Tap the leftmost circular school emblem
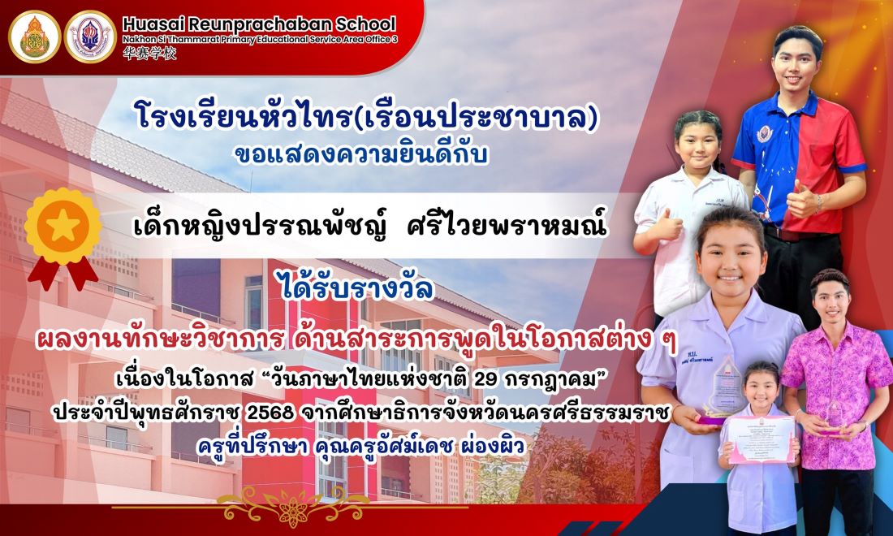(34, 37)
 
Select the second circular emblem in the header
(90, 37)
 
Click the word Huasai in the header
(152, 24)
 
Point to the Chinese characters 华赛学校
(150, 54)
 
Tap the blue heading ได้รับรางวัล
(358, 287)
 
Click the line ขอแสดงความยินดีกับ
(361, 153)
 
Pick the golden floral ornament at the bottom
(294, 504)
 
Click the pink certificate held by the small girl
(761, 439)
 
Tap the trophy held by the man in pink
(833, 415)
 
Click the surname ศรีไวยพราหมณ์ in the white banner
(507, 226)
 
